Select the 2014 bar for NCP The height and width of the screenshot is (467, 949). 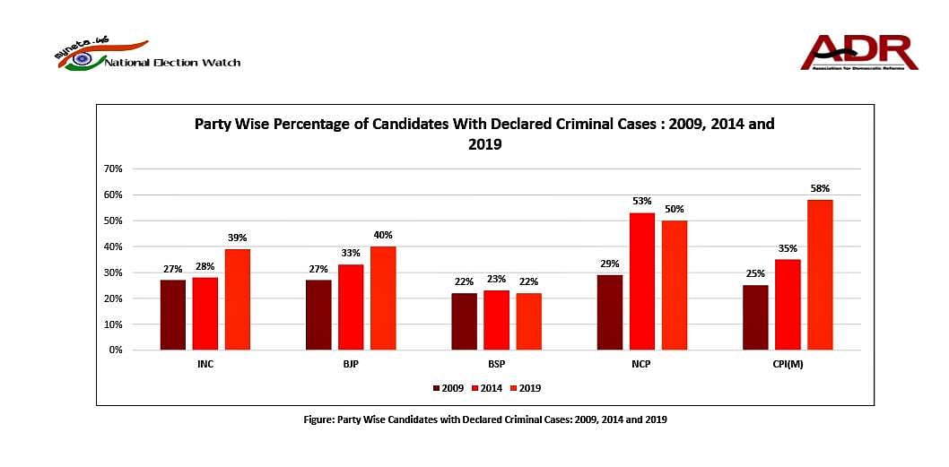[x=642, y=281]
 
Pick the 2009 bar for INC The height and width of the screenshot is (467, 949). [x=173, y=315]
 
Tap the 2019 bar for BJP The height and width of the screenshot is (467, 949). [x=383, y=298]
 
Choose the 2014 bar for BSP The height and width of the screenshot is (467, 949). [x=496, y=320]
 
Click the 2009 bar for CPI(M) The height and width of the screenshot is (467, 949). [x=755, y=317]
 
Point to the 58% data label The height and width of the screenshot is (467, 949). [x=820, y=189]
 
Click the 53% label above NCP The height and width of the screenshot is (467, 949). [x=642, y=202]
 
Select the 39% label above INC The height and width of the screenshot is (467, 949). [x=237, y=238]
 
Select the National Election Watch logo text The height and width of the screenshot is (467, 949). [x=172, y=63]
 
